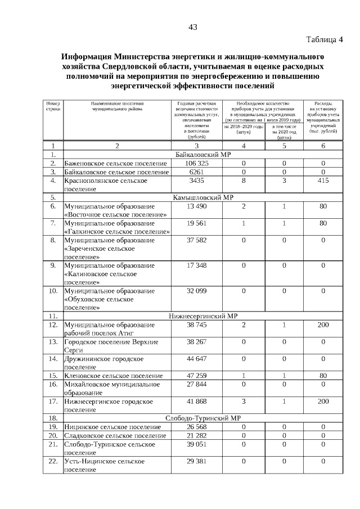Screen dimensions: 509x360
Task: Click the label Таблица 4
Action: click(x=325, y=39)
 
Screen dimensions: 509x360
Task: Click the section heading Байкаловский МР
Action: click(x=200, y=154)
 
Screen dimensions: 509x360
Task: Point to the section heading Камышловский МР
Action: click(x=200, y=197)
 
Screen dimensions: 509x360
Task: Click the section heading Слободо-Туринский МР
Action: click(x=200, y=418)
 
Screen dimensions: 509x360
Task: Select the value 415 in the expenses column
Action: click(x=323, y=181)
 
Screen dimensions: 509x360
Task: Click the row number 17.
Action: click(x=53, y=402)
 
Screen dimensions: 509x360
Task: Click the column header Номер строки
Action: click(x=53, y=106)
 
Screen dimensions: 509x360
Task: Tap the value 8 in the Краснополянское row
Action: click(x=244, y=181)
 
